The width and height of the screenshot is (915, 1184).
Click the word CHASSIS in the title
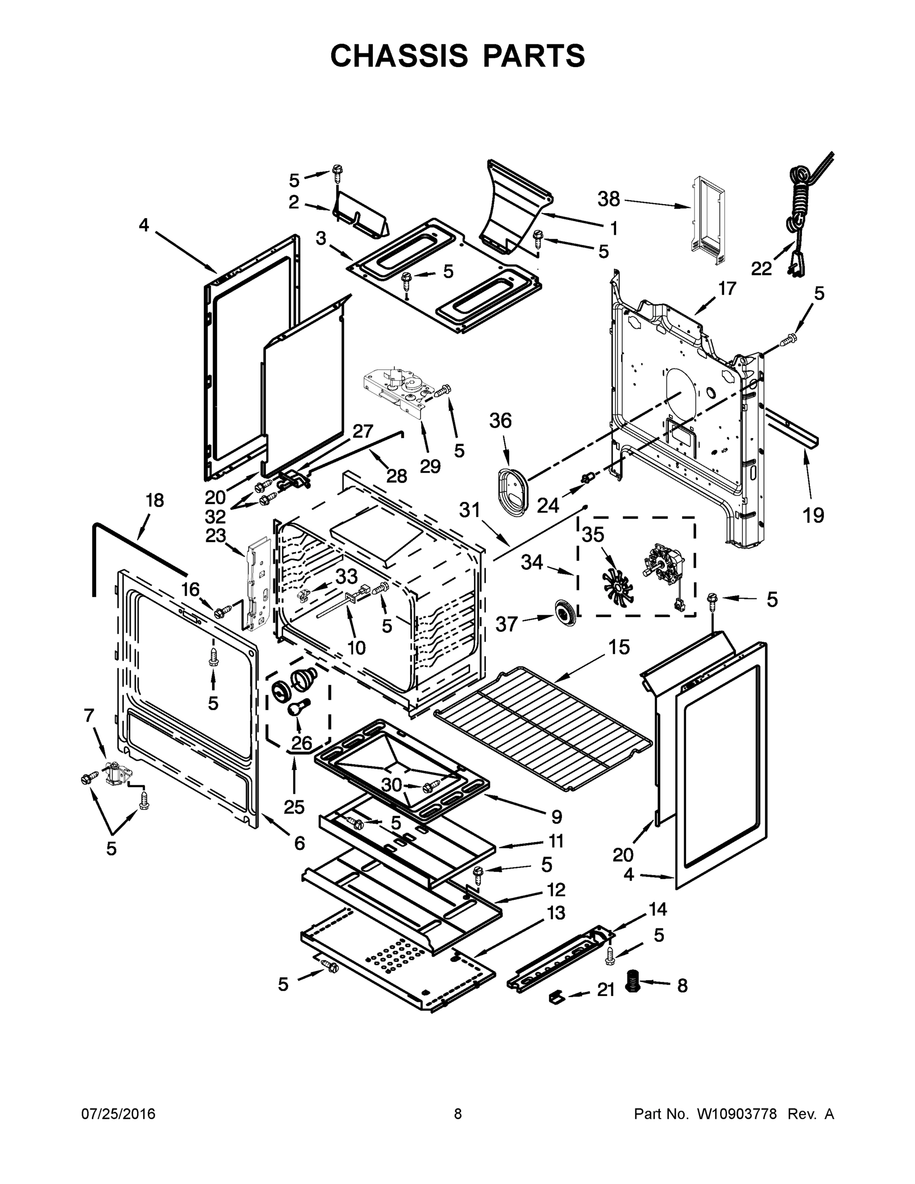399,56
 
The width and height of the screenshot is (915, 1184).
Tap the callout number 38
608,199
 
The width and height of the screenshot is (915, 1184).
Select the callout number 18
154,500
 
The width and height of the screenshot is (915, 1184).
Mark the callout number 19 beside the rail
813,515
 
